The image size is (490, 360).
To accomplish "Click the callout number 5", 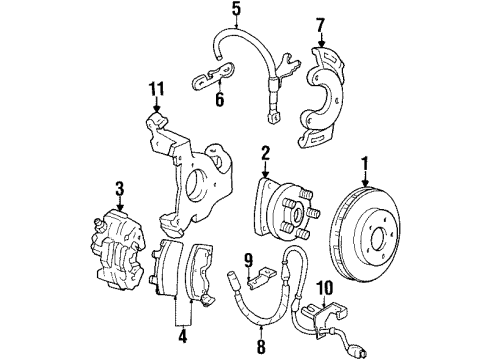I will click(x=236, y=12).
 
